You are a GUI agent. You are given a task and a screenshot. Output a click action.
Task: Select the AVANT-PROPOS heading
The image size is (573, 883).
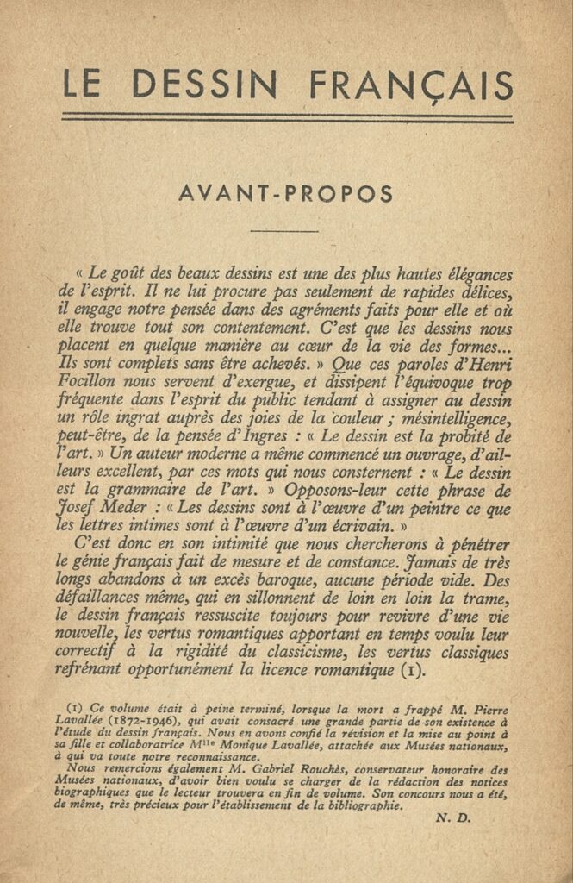tap(285, 194)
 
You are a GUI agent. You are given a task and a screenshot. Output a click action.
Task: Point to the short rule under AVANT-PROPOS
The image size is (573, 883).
tap(283, 231)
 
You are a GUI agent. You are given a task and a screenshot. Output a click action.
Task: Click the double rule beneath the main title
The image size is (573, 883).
tap(287, 118)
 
